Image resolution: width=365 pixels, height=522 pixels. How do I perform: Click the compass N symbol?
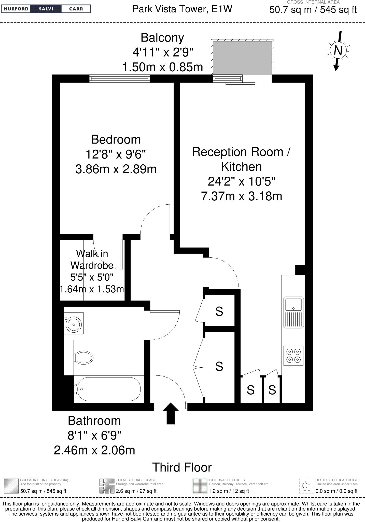[x=338, y=50]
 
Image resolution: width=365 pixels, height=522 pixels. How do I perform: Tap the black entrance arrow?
[x=171, y=413]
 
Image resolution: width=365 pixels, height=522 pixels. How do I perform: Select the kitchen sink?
[x=293, y=312]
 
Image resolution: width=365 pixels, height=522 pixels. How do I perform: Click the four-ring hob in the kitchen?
[x=293, y=356]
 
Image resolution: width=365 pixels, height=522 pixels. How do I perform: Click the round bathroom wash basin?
[x=74, y=324]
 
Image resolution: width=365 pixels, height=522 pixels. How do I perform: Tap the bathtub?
[x=108, y=389]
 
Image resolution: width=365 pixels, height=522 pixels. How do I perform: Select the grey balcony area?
[x=242, y=58]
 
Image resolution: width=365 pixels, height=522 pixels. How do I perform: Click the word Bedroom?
[x=116, y=140]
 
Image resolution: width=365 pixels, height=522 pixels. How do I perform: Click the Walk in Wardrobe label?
[x=92, y=259]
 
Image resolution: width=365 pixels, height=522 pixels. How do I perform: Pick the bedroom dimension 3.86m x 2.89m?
[x=116, y=169]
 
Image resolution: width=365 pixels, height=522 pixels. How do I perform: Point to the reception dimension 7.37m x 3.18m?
[x=242, y=197]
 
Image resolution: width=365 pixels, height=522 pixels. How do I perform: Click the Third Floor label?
[x=182, y=467]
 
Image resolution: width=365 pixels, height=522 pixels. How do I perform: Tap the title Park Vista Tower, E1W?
[x=182, y=9]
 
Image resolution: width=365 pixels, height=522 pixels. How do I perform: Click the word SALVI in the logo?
[x=46, y=9]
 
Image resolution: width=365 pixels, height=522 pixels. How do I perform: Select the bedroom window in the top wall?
[x=120, y=79]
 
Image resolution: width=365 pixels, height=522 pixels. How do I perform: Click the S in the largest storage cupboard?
[x=219, y=366]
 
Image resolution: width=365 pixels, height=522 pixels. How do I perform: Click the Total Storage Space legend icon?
[x=107, y=486]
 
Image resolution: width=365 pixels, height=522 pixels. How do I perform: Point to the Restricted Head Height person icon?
[x=306, y=486]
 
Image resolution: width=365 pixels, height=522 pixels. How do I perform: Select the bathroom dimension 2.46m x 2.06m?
[x=94, y=450]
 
